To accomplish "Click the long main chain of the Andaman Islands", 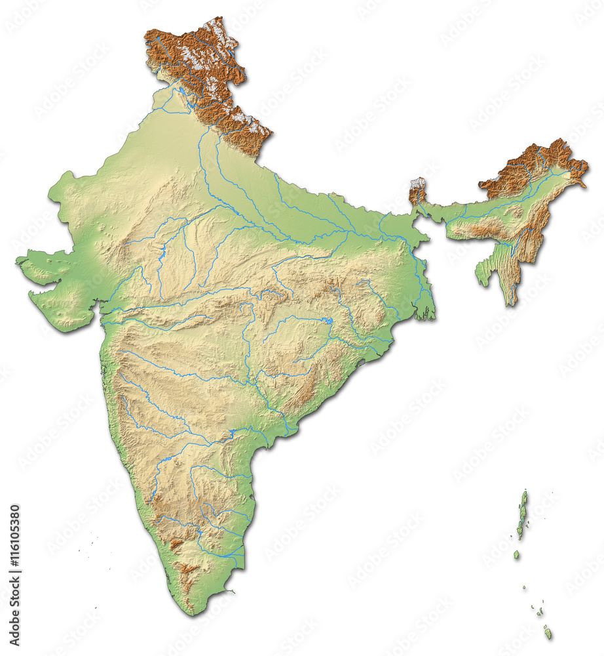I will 522,515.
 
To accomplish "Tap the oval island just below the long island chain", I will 516,555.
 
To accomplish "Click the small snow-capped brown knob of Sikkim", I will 417,190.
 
